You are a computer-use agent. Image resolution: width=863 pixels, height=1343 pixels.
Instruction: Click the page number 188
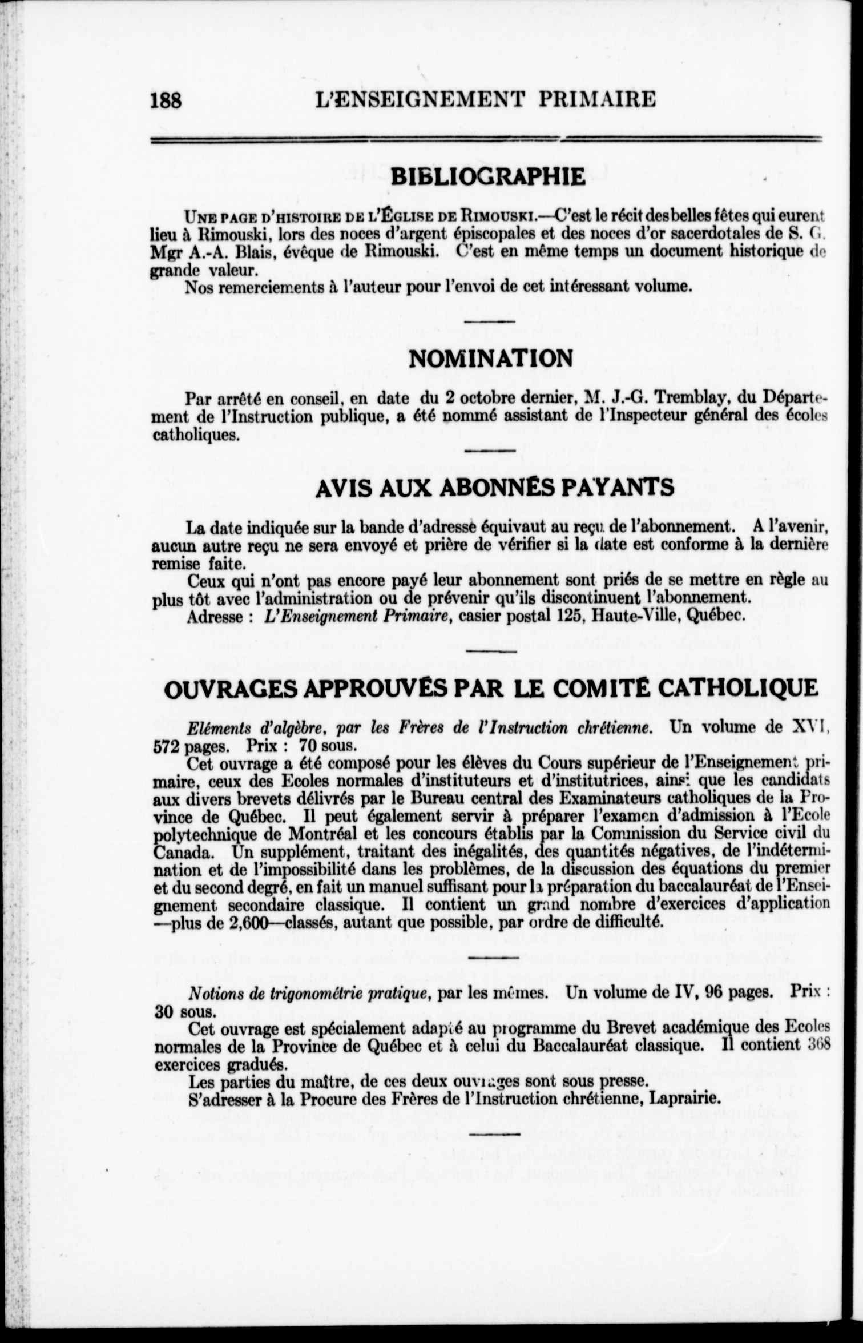point(166,101)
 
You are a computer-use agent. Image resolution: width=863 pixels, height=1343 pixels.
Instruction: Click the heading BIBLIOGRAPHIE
point(488,177)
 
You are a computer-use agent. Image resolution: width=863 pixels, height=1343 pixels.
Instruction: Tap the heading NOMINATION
point(491,359)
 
